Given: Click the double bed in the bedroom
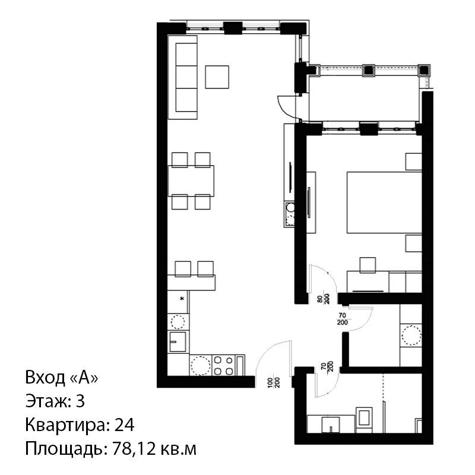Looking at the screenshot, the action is pyautogui.click(x=384, y=202).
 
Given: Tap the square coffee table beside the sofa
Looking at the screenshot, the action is pyautogui.click(x=217, y=77).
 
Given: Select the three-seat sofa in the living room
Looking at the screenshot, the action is pyautogui.click(x=183, y=77).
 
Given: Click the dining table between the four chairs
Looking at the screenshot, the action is pyautogui.click(x=191, y=181).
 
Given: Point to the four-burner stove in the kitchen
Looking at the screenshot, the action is pyautogui.click(x=223, y=365).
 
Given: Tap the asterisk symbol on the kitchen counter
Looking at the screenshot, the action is pyautogui.click(x=182, y=299).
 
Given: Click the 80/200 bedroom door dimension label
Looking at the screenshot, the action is pyautogui.click(x=323, y=299).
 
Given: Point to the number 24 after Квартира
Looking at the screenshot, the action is pyautogui.click(x=124, y=425).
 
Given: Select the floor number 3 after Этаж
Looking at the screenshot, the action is pyautogui.click(x=80, y=401).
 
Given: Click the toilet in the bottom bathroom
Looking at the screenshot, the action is pyautogui.click(x=364, y=419).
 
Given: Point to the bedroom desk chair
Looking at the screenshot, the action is pyautogui.click(x=368, y=265).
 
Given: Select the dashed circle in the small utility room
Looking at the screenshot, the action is pyautogui.click(x=411, y=335).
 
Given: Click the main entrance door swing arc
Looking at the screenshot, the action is pyautogui.click(x=269, y=354).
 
